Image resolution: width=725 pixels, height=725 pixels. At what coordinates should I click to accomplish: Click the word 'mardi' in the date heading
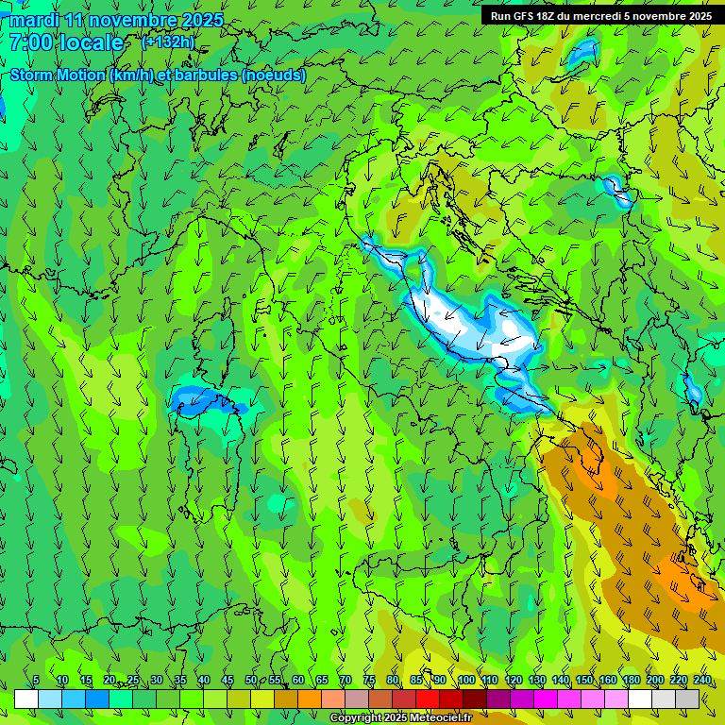pyautogui.click(x=35, y=20)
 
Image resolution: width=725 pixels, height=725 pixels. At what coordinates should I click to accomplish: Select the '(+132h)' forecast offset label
pyautogui.click(x=168, y=42)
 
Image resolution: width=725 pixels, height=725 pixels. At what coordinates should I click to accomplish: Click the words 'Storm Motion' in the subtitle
pyautogui.click(x=58, y=75)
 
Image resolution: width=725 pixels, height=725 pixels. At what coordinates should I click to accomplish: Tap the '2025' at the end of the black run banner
pyautogui.click(x=697, y=16)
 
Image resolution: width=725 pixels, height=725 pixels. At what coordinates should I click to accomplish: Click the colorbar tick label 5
pyautogui.click(x=35, y=681)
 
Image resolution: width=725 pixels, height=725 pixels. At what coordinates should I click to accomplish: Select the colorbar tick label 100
pyautogui.click(x=465, y=681)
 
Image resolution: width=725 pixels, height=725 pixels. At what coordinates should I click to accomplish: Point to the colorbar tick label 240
pyautogui.click(x=701, y=681)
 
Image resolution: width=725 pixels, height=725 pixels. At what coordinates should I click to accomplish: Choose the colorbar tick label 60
pyautogui.click(x=298, y=681)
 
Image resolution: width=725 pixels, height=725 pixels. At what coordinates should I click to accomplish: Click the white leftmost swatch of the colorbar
pyautogui.click(x=26, y=699)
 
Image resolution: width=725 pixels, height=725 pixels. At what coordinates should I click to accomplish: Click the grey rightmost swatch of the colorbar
pyautogui.click(x=688, y=699)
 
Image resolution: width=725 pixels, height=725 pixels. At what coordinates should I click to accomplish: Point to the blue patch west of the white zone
pyautogui.click(x=203, y=400)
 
